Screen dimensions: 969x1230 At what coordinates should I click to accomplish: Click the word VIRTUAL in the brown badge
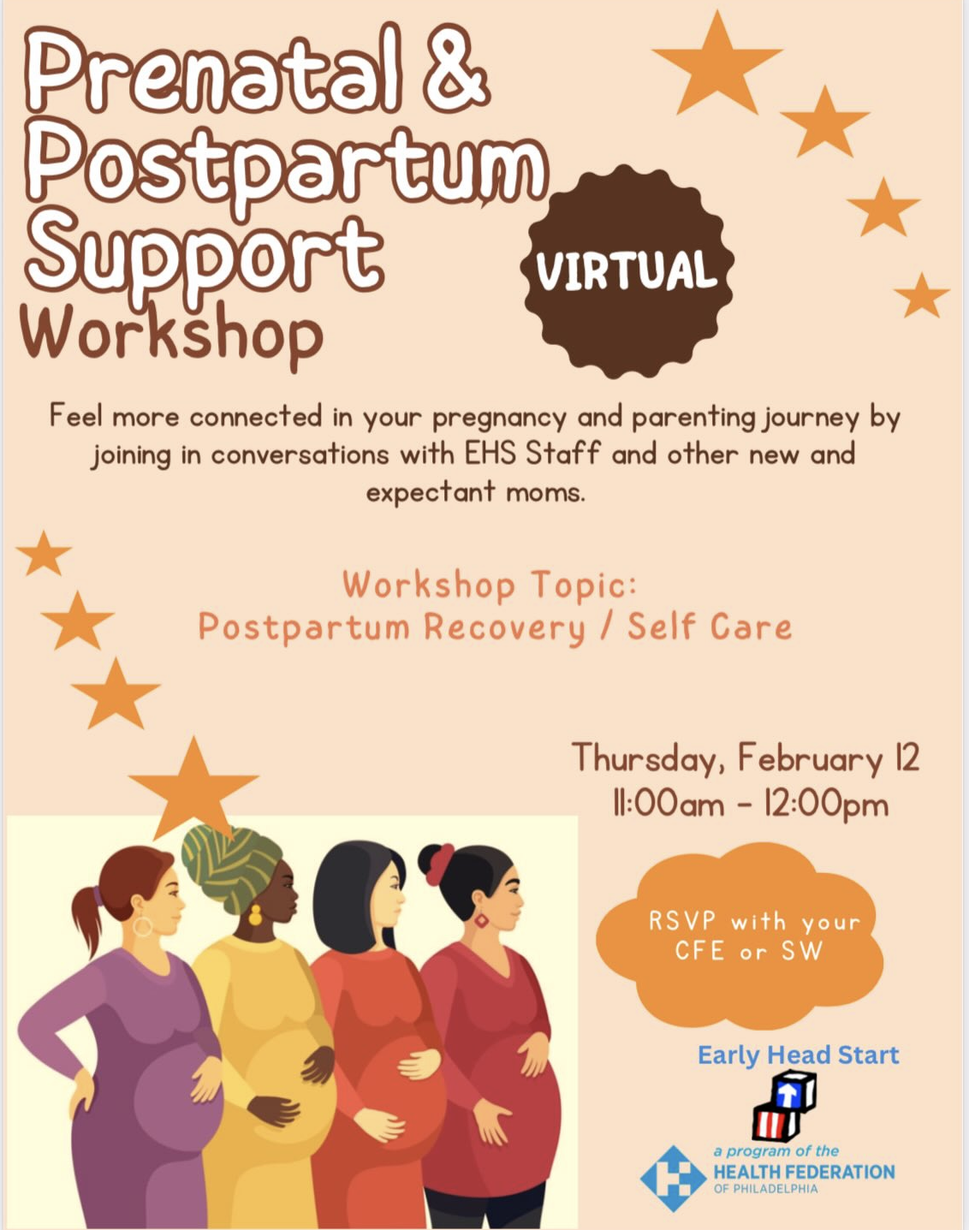pyautogui.click(x=627, y=271)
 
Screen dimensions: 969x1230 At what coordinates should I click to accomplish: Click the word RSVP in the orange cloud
pyautogui.click(x=681, y=921)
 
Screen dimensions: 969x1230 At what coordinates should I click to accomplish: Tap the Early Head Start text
pyautogui.click(x=799, y=1055)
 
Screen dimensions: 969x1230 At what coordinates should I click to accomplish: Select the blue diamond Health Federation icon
pyautogui.click(x=674, y=1178)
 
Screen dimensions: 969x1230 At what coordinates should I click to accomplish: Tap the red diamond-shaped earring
pyautogui.click(x=481, y=920)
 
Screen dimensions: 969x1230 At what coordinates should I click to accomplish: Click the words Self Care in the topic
pyautogui.click(x=710, y=627)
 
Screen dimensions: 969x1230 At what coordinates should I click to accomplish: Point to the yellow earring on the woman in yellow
pyautogui.click(x=255, y=914)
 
